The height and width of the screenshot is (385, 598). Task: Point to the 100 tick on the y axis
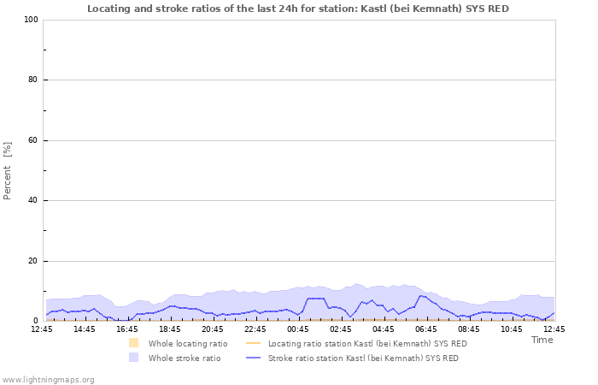pyautogui.click(x=31, y=20)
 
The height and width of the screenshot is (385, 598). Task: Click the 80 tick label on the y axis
pyautogui.click(x=32, y=80)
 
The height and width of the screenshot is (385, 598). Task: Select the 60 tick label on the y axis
pyautogui.click(x=32, y=140)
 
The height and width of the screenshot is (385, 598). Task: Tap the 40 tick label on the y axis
pyautogui.click(x=32, y=201)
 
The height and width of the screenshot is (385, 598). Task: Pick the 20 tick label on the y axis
pyautogui.click(x=32, y=261)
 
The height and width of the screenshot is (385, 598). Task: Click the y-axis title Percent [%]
pyautogui.click(x=8, y=171)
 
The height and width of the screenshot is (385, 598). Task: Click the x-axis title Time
pyautogui.click(x=542, y=340)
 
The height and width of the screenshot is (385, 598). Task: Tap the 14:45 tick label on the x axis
pyautogui.click(x=85, y=329)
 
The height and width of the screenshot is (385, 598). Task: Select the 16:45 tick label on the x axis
pyautogui.click(x=127, y=329)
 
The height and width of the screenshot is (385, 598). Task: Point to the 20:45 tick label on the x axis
pyautogui.click(x=213, y=329)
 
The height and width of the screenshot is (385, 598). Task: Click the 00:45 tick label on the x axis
pyautogui.click(x=298, y=329)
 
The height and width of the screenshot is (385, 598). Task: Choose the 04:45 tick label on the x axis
pyautogui.click(x=384, y=329)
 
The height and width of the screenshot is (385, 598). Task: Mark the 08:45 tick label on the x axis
pyautogui.click(x=469, y=329)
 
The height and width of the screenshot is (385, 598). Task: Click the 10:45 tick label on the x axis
pyautogui.click(x=512, y=329)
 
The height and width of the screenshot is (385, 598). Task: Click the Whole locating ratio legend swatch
pyautogui.click(x=133, y=343)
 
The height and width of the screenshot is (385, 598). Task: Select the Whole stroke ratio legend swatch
pyautogui.click(x=133, y=358)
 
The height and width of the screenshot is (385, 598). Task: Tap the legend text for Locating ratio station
pyautogui.click(x=367, y=343)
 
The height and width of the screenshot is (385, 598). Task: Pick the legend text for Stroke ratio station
pyautogui.click(x=363, y=358)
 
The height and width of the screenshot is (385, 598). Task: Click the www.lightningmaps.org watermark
pyautogui.click(x=48, y=379)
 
